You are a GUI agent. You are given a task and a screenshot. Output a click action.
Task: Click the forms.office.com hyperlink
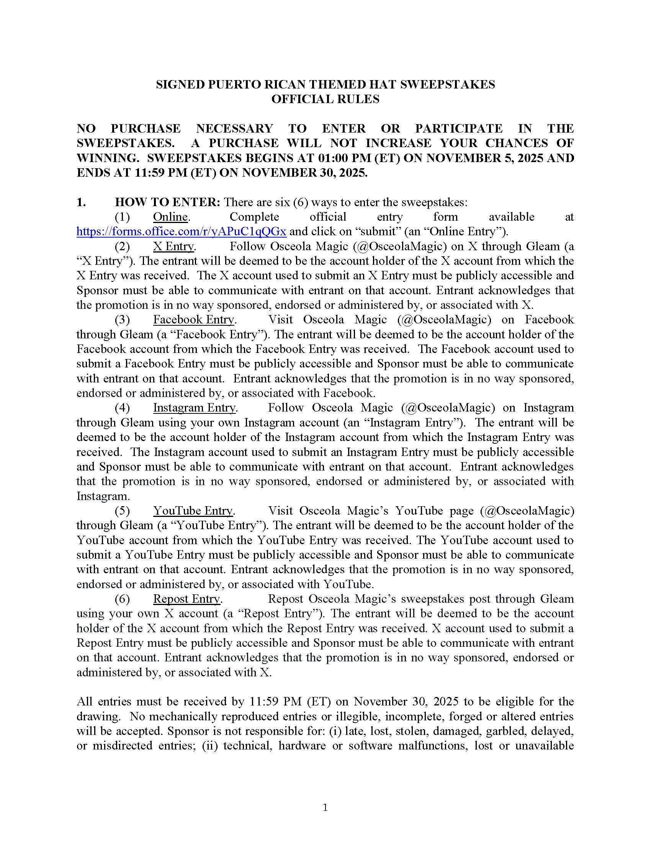point(181,231)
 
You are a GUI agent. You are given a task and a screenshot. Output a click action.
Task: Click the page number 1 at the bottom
point(325,807)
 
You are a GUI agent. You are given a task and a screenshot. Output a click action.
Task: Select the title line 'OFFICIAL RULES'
point(325,99)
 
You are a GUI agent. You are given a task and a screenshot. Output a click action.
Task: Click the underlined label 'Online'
point(170,217)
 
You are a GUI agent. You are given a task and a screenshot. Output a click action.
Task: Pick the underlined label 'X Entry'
point(173,246)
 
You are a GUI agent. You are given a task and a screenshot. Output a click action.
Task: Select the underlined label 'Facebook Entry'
point(194,320)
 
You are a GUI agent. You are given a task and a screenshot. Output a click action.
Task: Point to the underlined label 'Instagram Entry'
point(194,408)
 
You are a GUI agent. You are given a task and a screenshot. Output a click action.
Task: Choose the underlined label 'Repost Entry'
point(186,599)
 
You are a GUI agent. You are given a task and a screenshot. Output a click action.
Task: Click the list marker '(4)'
point(122,408)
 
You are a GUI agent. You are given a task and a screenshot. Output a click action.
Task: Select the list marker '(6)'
point(122,599)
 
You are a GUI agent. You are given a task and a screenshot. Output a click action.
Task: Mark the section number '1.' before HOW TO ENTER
point(81,202)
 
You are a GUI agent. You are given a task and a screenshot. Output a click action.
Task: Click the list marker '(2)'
point(122,246)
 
